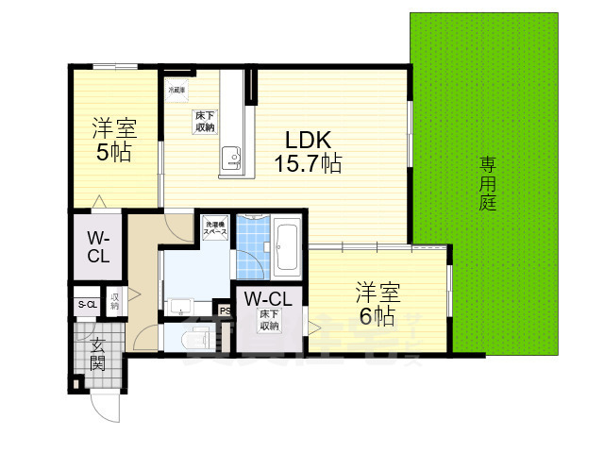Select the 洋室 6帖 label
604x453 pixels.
click(375, 301)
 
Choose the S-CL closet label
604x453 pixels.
click(87, 304)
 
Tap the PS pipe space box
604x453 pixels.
click(225, 310)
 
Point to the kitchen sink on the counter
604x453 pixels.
click(230, 157)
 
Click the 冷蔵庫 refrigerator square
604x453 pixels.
click(176, 91)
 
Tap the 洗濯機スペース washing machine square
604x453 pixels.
click(213, 228)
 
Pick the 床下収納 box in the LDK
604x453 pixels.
click(205, 121)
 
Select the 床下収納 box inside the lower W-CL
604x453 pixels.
click(269, 320)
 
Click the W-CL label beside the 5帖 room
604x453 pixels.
click(99, 247)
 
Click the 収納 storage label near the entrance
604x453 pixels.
click(114, 301)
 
